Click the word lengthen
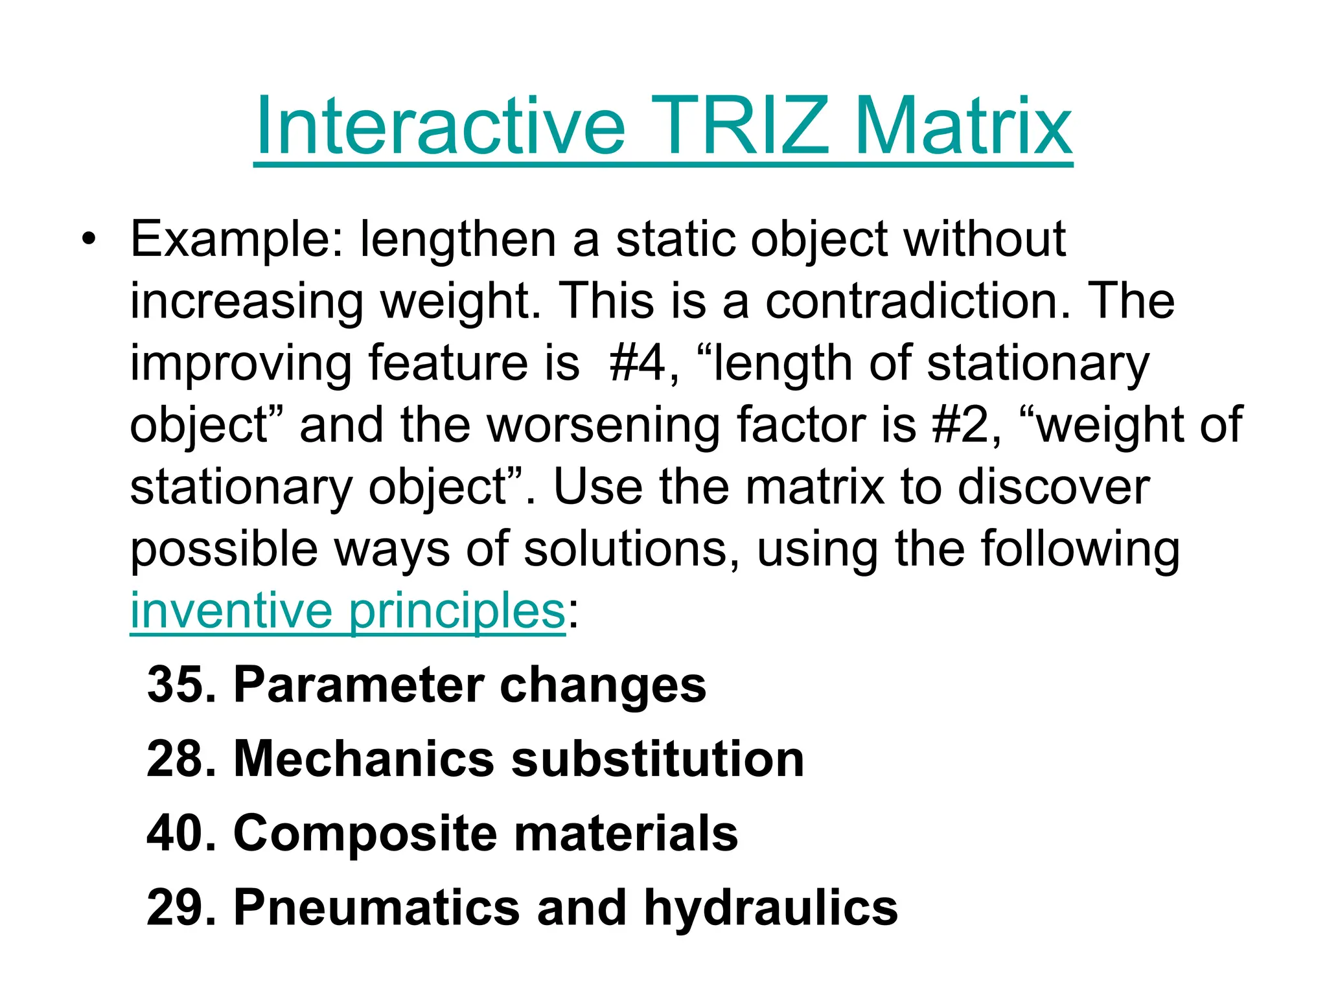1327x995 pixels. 457,240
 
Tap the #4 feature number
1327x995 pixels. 638,363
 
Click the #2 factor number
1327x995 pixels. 966,426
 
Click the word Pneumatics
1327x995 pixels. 376,908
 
